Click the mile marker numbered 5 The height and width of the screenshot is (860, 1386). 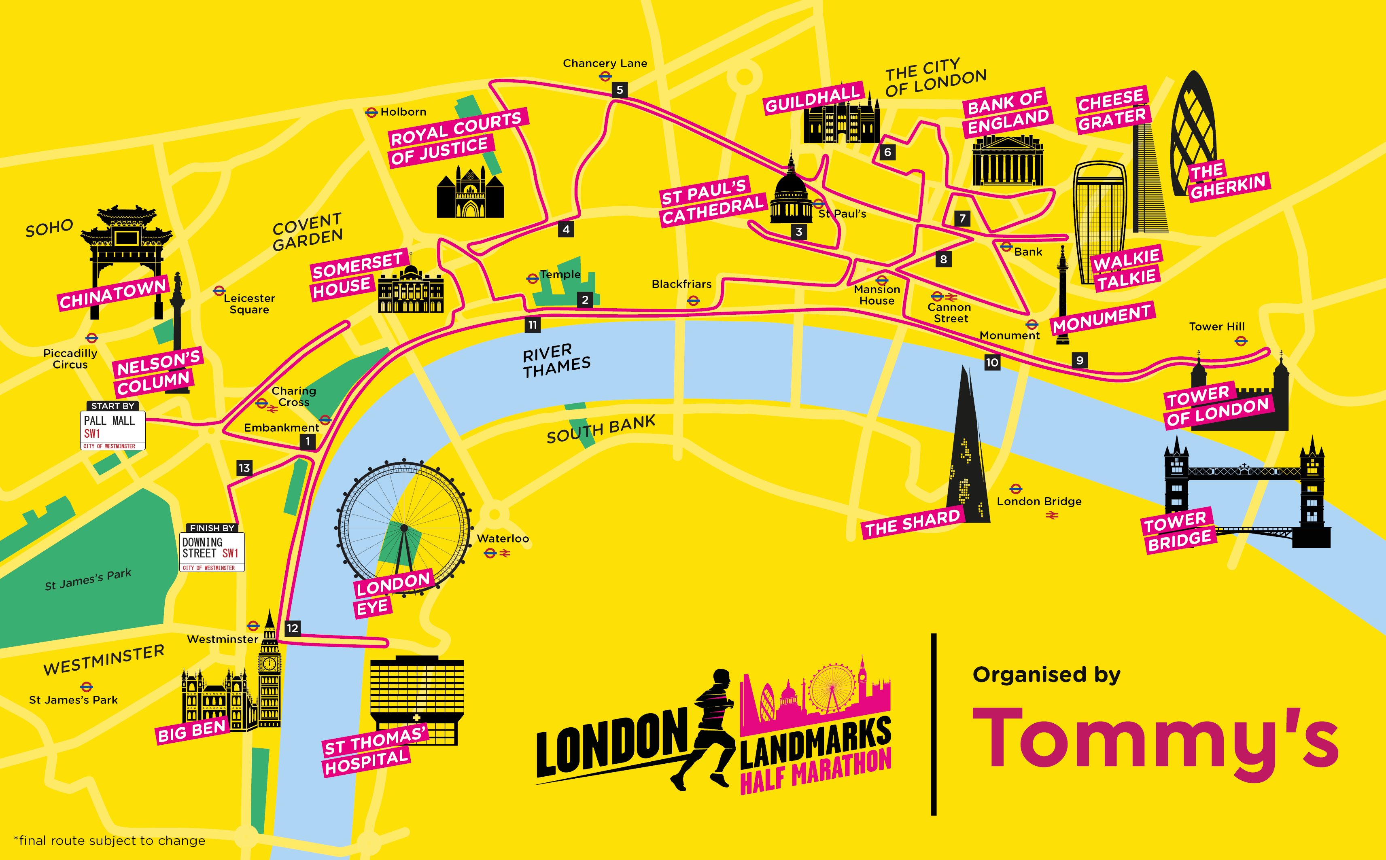[x=620, y=90]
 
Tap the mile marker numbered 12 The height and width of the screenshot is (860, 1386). [x=292, y=628]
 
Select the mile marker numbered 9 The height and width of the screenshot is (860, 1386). [x=1079, y=360]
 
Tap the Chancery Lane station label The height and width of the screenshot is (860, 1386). [x=605, y=63]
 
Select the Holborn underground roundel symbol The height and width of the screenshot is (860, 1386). [x=371, y=112]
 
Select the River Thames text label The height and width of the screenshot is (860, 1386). [x=556, y=360]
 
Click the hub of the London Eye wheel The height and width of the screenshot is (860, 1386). [x=404, y=528]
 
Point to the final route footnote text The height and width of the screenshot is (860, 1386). [x=109, y=841]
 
